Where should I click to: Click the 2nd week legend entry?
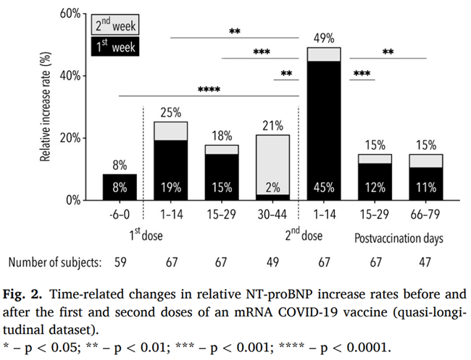click(115, 25)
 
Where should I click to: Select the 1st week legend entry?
click(115, 46)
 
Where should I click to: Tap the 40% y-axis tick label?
click(70, 75)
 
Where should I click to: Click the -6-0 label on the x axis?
click(120, 214)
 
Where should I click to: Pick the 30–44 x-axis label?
click(272, 214)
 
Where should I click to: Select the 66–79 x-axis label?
click(425, 214)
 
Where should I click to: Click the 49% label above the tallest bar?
click(324, 38)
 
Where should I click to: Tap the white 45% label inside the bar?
click(324, 188)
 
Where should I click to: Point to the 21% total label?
click(272, 126)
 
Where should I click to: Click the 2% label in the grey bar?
click(272, 188)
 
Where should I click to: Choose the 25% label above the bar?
click(170, 112)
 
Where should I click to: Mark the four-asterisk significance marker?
click(209, 90)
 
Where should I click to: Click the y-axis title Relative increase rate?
click(45, 107)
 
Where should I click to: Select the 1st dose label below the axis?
click(146, 234)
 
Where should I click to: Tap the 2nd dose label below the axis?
click(304, 234)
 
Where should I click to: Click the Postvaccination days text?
click(399, 238)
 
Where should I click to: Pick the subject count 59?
click(120, 262)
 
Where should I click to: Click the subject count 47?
click(425, 262)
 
